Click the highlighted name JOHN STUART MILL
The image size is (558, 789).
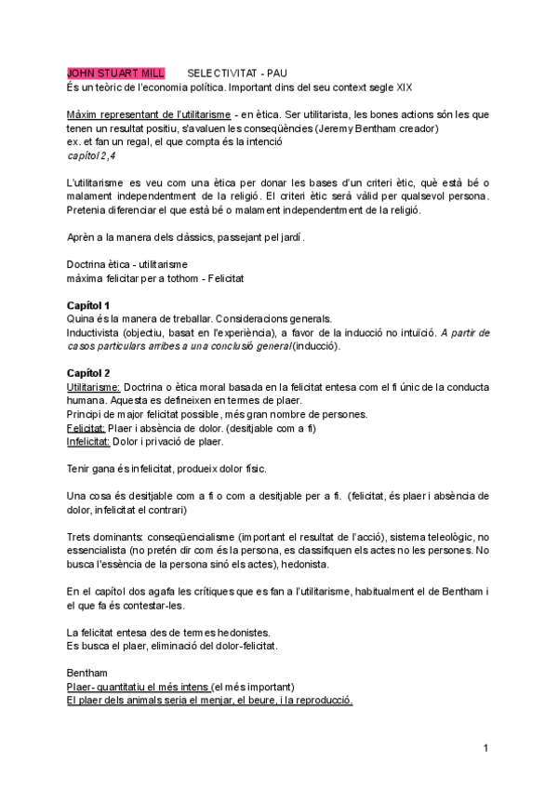[x=115, y=73]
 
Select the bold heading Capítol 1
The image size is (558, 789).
[x=89, y=306]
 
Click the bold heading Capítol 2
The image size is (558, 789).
[x=89, y=372]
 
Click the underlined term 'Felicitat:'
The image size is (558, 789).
[x=86, y=428]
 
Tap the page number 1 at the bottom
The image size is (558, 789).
[x=486, y=748]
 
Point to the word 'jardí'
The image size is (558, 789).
[x=285, y=237]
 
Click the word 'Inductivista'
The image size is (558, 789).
[x=95, y=332]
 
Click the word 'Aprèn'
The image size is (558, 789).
[x=82, y=237]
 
